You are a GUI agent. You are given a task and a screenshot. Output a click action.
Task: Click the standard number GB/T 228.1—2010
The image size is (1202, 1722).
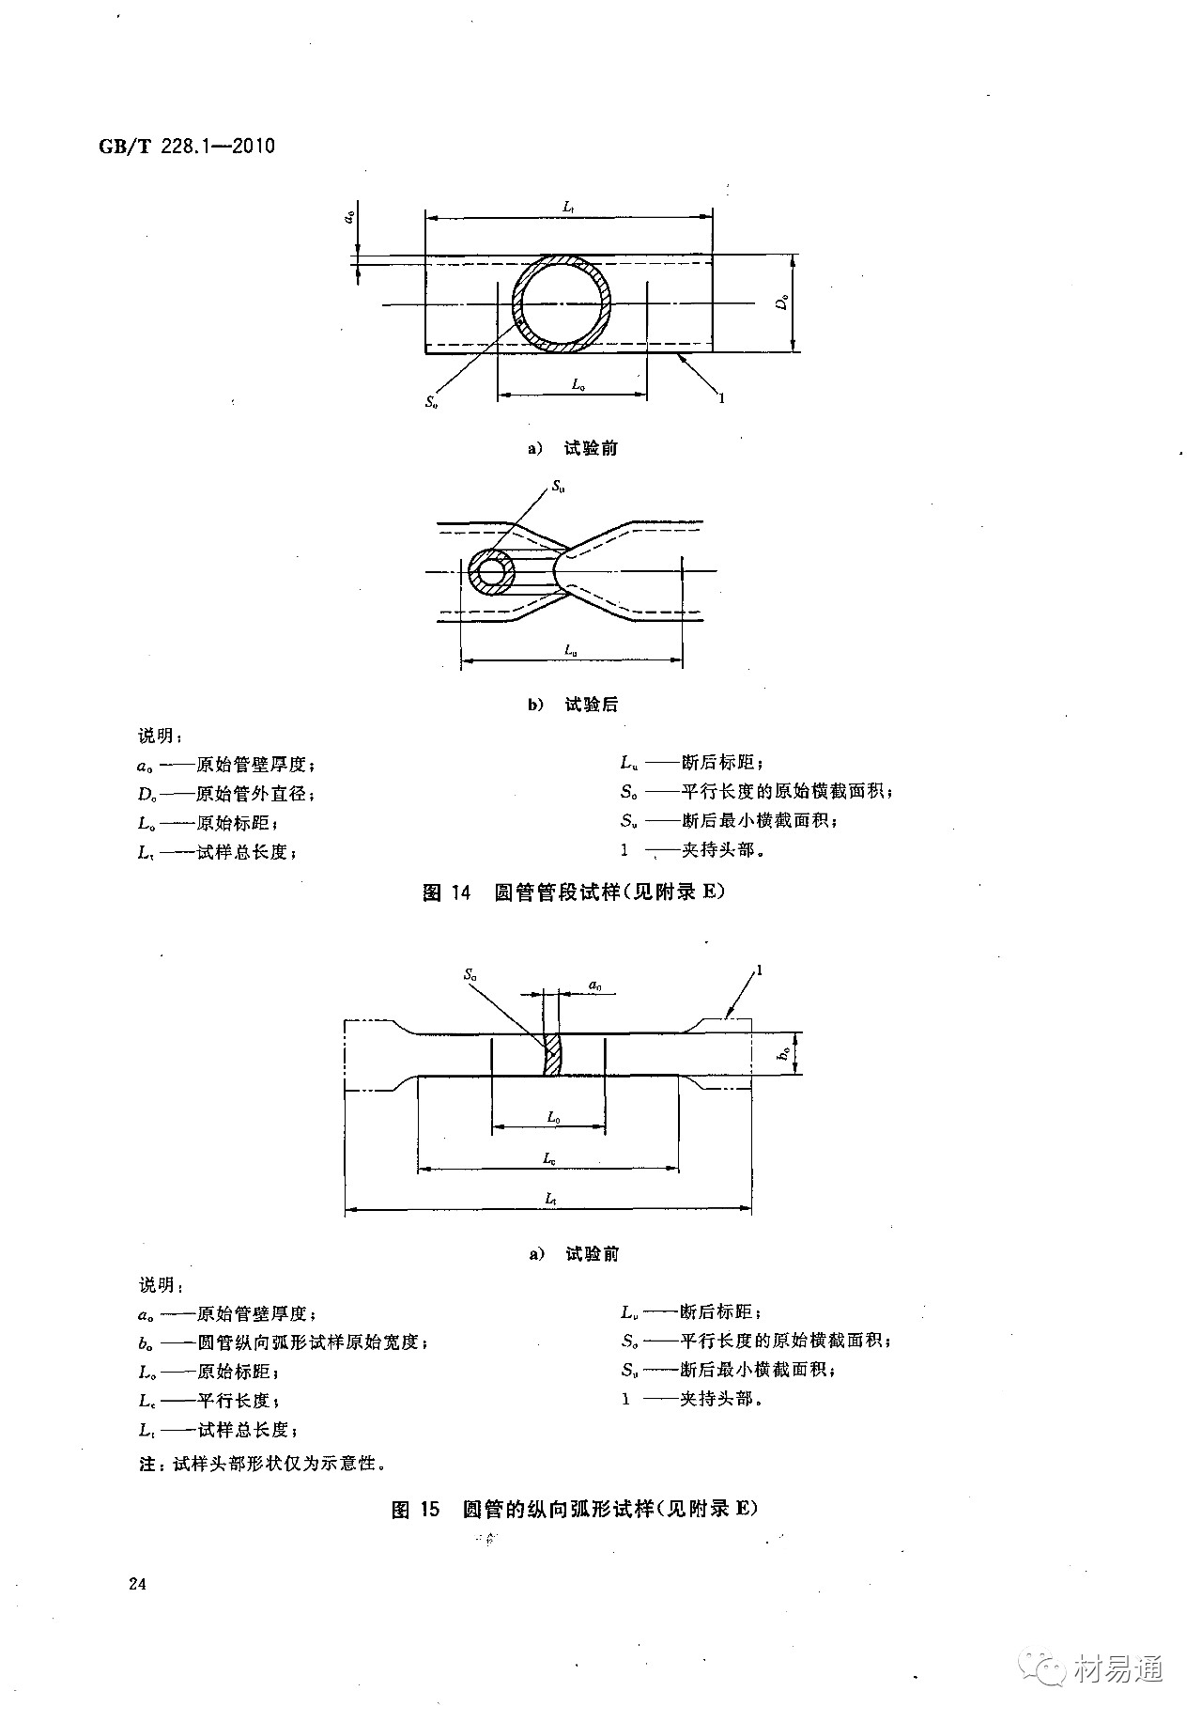point(186,147)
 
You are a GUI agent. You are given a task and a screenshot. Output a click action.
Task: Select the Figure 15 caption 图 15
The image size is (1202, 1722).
point(415,1509)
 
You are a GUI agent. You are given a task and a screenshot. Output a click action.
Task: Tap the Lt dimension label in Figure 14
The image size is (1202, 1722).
point(569,205)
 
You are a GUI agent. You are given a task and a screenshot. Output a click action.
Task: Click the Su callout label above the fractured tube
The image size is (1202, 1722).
point(559,487)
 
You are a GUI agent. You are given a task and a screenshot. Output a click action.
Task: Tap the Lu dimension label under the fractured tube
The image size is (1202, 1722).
point(570,649)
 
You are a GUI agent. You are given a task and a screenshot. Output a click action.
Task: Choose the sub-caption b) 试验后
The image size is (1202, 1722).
point(573,705)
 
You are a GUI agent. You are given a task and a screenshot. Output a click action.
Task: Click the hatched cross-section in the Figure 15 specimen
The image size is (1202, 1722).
point(553,1055)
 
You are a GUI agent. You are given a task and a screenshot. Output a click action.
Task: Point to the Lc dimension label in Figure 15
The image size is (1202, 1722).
point(549,1159)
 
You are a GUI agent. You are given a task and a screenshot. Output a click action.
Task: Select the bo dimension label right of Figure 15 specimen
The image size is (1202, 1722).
point(782,1055)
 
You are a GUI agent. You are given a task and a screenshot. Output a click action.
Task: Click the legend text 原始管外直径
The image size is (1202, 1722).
point(254,794)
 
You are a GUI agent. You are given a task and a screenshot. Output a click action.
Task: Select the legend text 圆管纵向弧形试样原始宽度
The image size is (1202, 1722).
point(312,1342)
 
